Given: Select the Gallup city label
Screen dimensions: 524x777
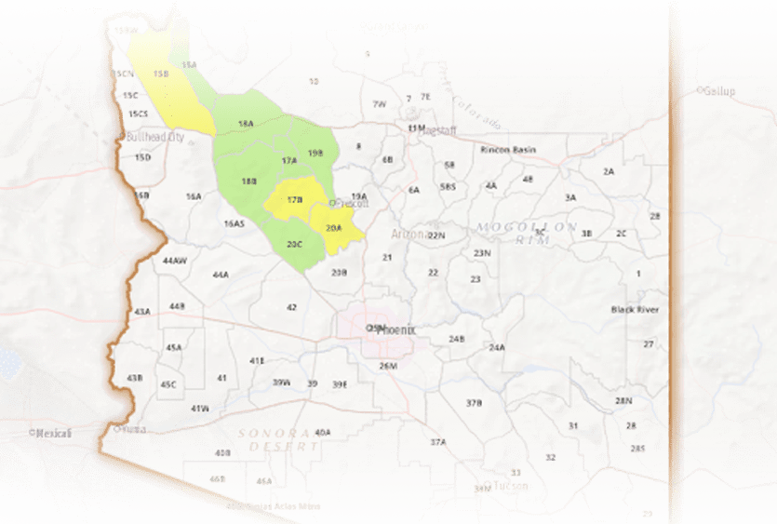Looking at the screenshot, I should point(718,91).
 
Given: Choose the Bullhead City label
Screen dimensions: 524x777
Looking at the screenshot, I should point(154,137).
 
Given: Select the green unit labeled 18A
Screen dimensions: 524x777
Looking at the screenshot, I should point(246,123).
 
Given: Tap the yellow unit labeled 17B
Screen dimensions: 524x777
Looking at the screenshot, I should point(295,200).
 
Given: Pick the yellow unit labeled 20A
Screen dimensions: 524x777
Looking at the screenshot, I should point(334,226).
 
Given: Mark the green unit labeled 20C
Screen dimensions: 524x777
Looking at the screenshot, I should point(294,244).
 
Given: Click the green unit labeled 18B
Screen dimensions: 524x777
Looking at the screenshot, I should point(248,181).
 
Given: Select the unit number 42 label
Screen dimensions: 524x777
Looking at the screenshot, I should point(291,307).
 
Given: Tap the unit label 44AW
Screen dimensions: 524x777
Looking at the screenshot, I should point(175,260).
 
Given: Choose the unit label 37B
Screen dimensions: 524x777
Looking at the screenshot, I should point(474,403).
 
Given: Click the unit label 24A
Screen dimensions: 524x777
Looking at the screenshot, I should point(497,348).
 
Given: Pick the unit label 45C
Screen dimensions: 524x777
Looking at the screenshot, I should point(168,384).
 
